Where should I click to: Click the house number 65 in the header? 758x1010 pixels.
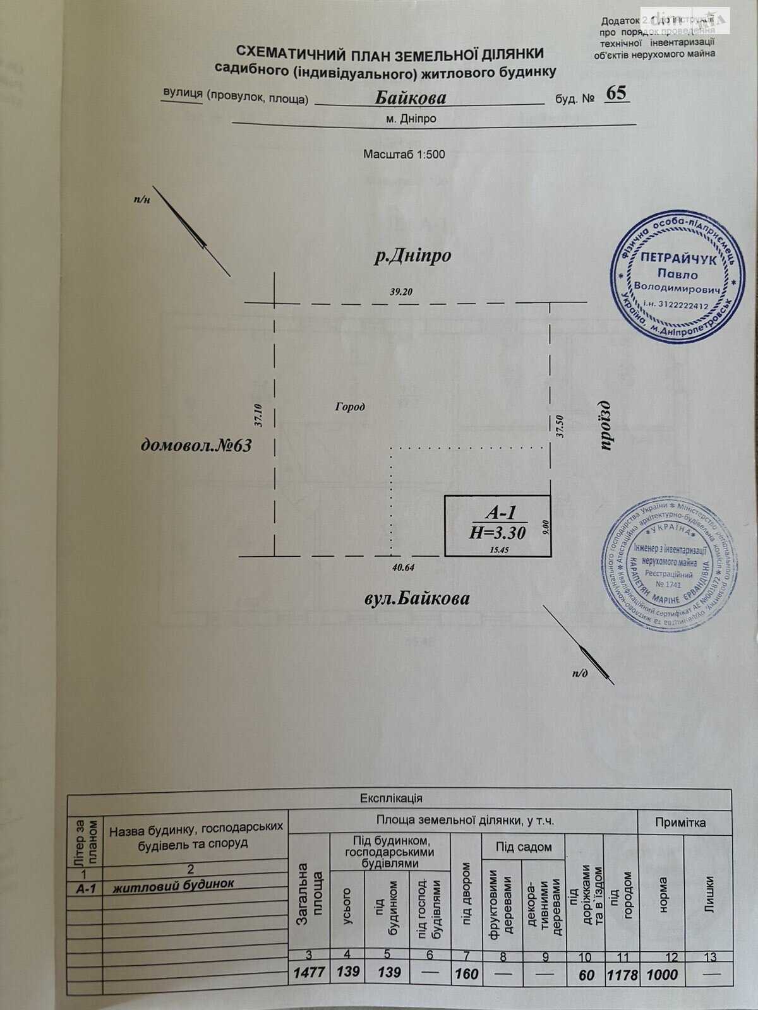tap(615, 93)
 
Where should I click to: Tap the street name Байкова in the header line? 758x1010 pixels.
tap(411, 98)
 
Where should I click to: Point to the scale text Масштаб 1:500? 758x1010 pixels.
tap(404, 154)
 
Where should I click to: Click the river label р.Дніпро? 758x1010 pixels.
tap(412, 257)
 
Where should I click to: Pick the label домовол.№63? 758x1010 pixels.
tap(196, 446)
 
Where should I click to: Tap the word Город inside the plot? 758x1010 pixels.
tap(349, 407)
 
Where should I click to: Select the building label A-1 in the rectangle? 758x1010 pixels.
tap(497, 513)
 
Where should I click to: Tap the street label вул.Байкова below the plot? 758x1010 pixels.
tap(417, 598)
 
